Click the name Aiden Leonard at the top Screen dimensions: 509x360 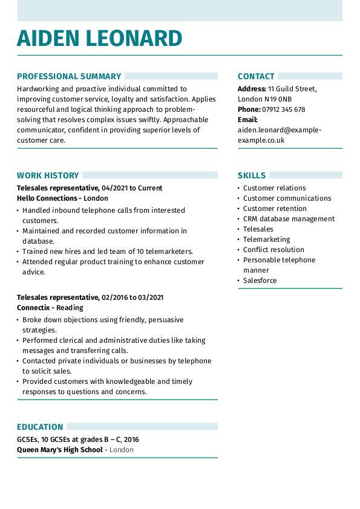[x=99, y=38]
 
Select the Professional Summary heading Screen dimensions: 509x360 [x=69, y=76]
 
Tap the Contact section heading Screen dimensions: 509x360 [x=256, y=76]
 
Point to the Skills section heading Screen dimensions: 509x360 [x=251, y=175]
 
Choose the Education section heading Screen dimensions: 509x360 [x=40, y=426]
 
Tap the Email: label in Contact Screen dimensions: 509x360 [x=247, y=120]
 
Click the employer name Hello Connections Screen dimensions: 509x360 [x=47, y=198]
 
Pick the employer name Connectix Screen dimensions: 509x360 [x=33, y=308]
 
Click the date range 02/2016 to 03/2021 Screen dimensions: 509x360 [x=133, y=297]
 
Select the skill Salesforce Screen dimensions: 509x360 [x=260, y=280]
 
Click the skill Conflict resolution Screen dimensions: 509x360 [x=273, y=250]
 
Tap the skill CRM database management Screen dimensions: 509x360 [x=289, y=219]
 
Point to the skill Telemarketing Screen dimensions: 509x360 [x=266, y=239]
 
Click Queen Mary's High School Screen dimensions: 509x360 [x=60, y=450]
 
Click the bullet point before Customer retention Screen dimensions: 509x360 [x=239, y=209]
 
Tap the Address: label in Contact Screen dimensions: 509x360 [x=252, y=89]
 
